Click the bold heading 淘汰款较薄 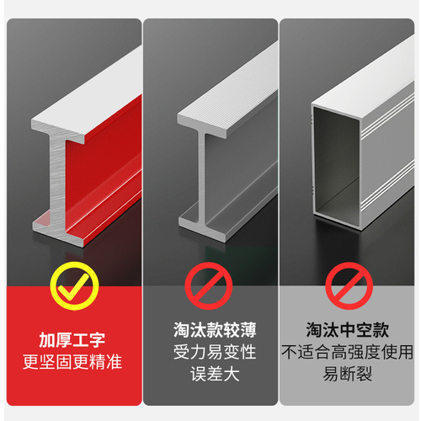pos(210,331)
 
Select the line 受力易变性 pos(210,352)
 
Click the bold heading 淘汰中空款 pos(349,331)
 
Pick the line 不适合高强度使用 pos(349,352)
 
